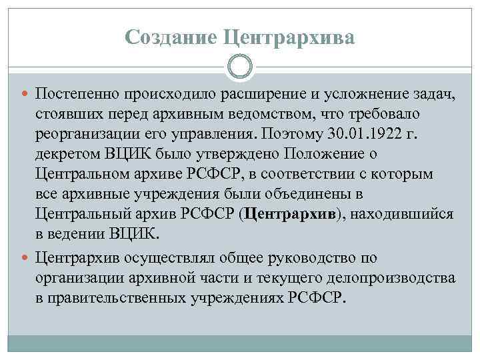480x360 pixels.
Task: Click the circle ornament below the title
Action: [240, 67]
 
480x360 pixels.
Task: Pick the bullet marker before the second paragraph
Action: [26, 256]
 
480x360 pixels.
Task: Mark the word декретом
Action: [68, 155]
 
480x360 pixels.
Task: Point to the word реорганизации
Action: [83, 135]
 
